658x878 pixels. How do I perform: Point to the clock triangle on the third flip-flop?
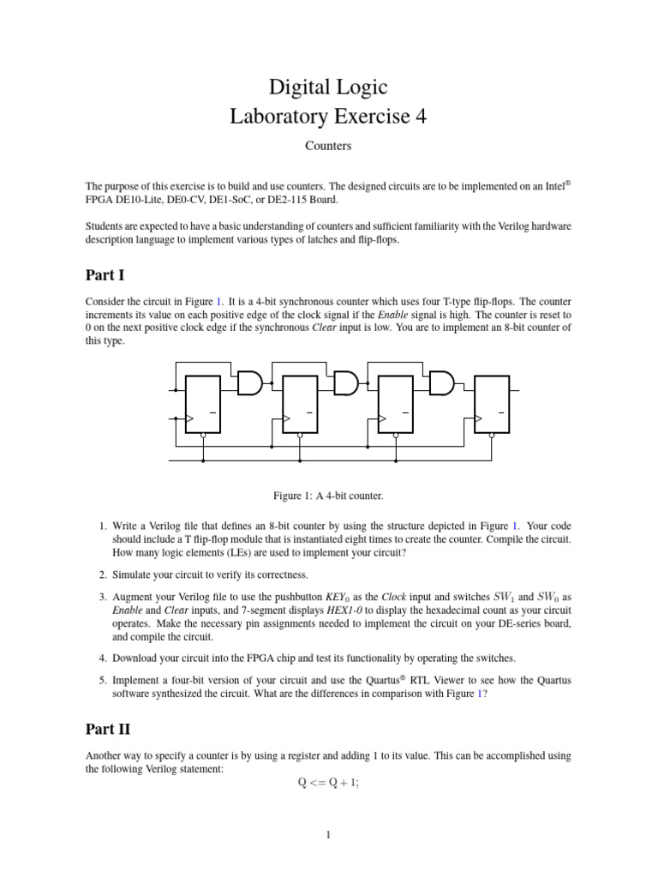click(384, 418)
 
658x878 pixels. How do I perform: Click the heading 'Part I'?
click(105, 275)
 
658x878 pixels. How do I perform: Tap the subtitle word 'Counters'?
click(328, 146)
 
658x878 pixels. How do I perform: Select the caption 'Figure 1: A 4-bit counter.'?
click(328, 496)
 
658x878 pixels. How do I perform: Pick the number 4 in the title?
click(419, 116)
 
